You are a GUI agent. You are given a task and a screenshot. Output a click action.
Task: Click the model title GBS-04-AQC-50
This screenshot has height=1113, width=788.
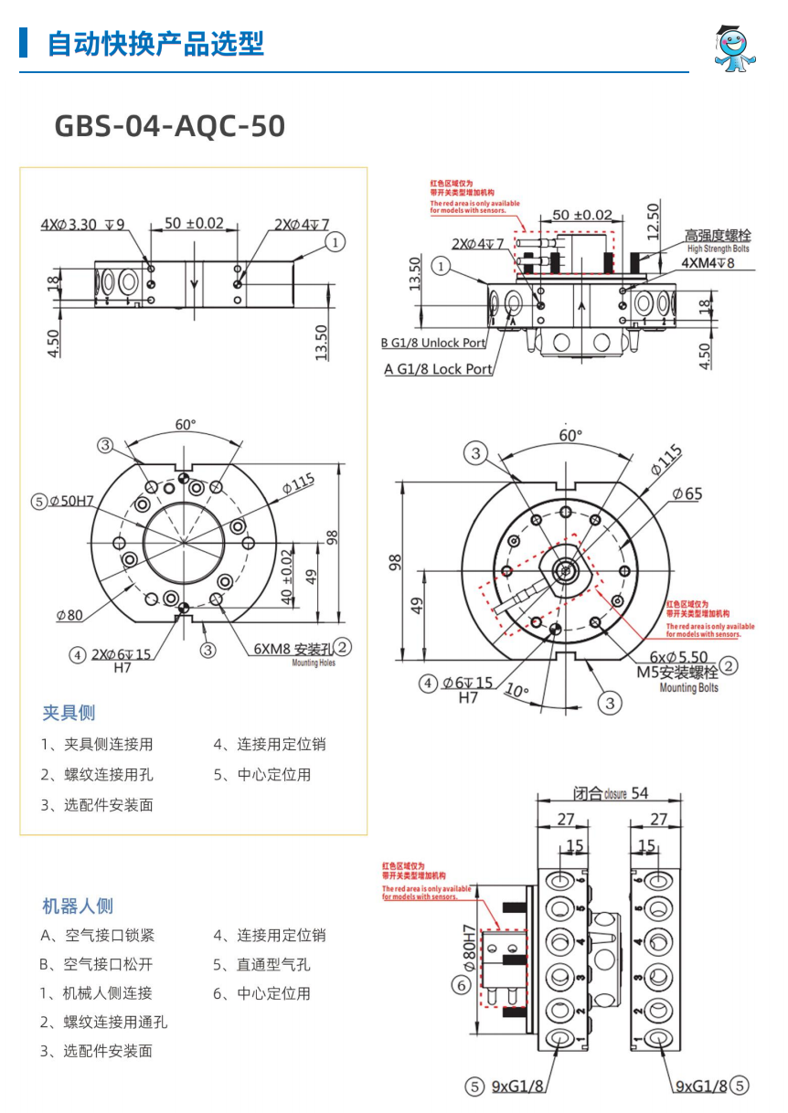170,126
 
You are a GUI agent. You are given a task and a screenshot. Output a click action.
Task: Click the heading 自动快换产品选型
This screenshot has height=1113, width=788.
155,43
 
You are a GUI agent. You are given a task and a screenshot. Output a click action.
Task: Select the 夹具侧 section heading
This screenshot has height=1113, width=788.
69,713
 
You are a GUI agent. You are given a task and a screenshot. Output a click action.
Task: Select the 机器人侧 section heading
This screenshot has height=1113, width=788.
78,906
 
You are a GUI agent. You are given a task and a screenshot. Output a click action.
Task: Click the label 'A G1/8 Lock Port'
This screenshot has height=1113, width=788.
439,369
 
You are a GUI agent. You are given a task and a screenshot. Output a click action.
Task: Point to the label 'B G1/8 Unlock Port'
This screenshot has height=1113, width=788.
433,344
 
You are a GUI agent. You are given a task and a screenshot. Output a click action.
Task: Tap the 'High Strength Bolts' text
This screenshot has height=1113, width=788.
718,249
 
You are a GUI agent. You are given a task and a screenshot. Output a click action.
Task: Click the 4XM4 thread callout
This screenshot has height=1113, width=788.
708,262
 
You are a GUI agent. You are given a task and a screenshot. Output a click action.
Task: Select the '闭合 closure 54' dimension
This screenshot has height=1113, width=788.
611,793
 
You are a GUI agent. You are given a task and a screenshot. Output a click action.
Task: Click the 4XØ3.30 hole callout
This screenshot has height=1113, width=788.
82,224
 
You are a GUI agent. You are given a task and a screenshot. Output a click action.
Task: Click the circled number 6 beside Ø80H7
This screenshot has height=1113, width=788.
463,985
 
